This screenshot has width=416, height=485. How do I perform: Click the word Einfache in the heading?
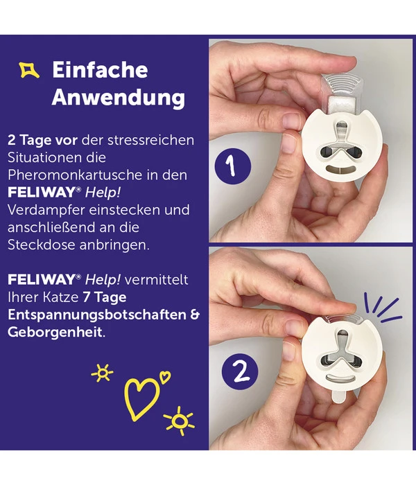(100, 69)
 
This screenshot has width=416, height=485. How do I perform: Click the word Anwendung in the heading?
(119, 98)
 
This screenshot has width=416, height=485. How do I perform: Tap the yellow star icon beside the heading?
(29, 69)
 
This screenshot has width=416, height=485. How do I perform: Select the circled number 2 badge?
(240, 371)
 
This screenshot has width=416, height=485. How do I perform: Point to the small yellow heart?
(165, 377)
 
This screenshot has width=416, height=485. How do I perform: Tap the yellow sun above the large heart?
(103, 373)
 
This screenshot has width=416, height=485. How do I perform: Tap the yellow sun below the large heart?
(179, 421)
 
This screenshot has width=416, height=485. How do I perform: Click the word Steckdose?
(42, 245)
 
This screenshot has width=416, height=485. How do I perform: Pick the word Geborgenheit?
(55, 333)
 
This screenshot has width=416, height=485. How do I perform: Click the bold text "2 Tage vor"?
(42, 140)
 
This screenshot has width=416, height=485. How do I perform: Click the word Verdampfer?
(46, 211)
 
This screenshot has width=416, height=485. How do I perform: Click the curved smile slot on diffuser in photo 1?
(342, 170)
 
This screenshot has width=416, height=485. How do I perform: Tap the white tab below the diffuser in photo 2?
(340, 396)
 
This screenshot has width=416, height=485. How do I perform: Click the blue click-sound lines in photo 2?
(383, 308)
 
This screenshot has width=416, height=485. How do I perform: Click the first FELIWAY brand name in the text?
(42, 193)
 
